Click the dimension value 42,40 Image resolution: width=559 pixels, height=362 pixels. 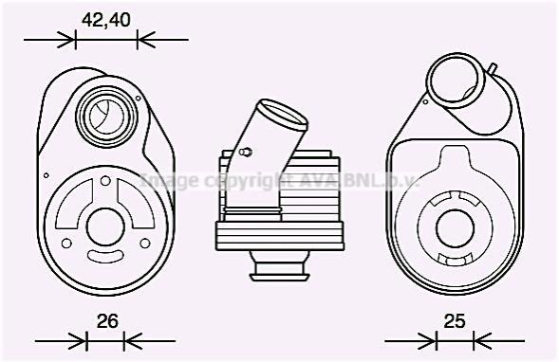tap(106, 20)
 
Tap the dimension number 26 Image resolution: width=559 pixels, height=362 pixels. tap(107, 321)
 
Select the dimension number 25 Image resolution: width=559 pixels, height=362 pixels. tap(455, 321)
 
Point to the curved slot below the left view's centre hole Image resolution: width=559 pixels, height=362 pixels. tap(105, 255)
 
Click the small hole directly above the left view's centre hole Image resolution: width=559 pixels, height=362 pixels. tap(105, 181)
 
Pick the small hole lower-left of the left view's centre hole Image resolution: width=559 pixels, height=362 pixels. tap(66, 244)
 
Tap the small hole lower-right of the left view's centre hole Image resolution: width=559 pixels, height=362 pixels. tap(145, 244)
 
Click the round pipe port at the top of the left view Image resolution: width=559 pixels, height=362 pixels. tap(107, 115)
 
